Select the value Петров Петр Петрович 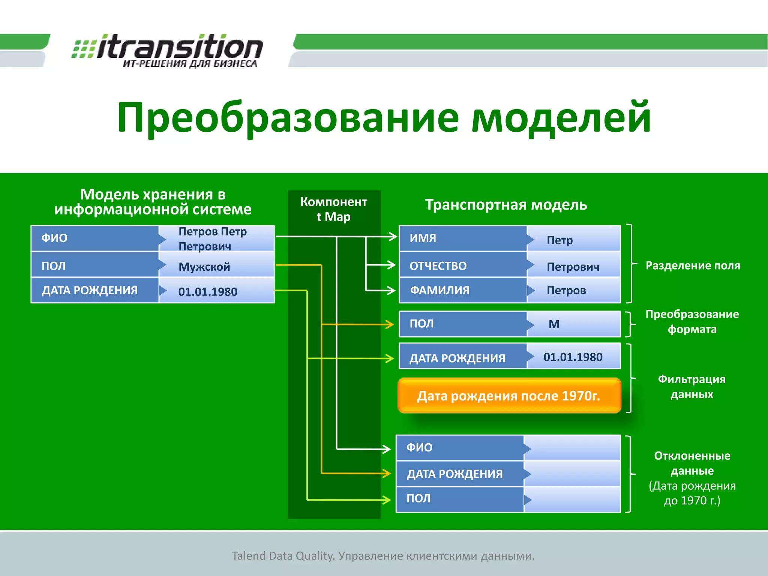click(212, 238)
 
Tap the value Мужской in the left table click(204, 267)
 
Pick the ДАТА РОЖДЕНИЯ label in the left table click(90, 290)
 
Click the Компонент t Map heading click(333, 209)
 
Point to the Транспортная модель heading click(506, 205)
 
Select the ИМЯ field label click(423, 238)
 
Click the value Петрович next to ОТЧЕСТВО click(573, 267)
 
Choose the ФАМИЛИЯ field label click(439, 290)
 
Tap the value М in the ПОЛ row click(554, 324)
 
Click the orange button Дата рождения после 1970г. click(509, 396)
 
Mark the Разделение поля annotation click(693, 265)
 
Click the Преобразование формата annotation click(692, 321)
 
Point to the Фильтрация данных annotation click(691, 386)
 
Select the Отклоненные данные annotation click(692, 463)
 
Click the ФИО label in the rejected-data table click(419, 447)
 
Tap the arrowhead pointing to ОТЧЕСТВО click(391, 265)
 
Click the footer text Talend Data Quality click(383, 556)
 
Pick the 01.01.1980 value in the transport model click(573, 357)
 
